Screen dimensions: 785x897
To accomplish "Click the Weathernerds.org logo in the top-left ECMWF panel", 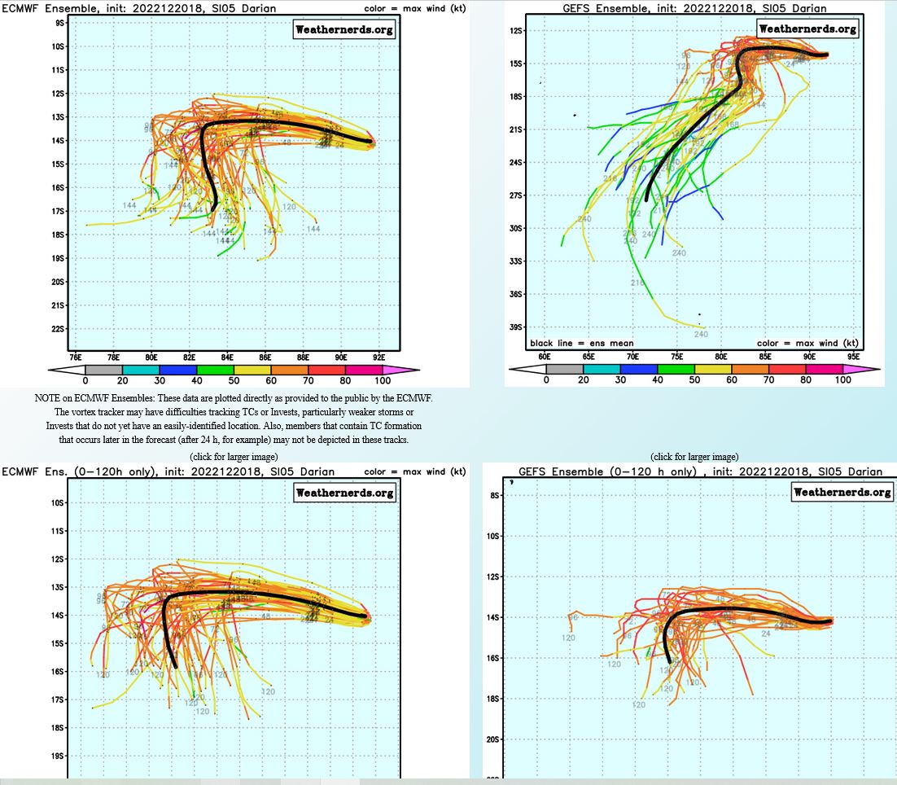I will [344, 30].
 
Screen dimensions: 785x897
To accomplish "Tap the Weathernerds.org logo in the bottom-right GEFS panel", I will [843, 492].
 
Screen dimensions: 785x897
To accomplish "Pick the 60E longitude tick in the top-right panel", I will [545, 357].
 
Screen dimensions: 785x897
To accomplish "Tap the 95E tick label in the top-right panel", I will [853, 357].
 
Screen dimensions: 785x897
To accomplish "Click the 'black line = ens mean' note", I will [581, 343].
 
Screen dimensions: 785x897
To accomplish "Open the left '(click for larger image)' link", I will [234, 457].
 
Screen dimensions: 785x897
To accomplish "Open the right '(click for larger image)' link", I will [694, 457].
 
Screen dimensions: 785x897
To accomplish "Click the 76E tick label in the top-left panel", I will [75, 357].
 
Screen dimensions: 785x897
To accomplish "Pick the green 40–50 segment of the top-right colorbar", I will [676, 369].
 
